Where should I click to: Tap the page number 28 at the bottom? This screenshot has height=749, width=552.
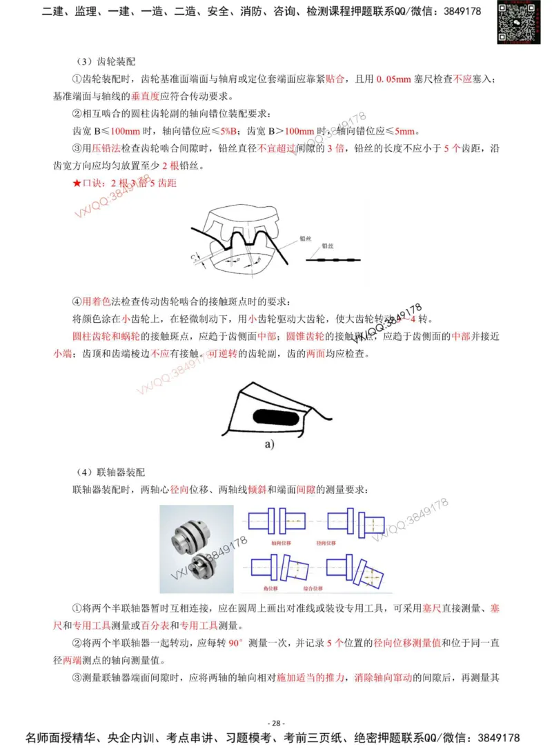275,723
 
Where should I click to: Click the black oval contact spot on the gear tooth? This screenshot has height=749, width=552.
275,416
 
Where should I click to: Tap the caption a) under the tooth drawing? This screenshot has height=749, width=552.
269,443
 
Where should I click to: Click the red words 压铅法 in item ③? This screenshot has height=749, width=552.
101,148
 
